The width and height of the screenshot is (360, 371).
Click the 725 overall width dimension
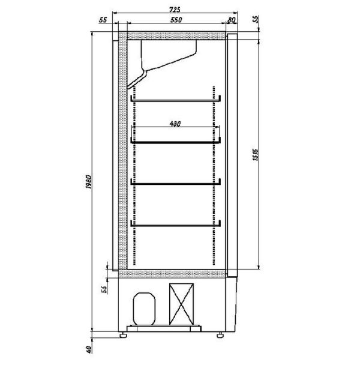[x=175, y=10]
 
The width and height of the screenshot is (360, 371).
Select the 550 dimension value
[x=176, y=20]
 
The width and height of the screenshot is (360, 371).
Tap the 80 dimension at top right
[x=231, y=20]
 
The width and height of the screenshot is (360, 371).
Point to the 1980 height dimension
[x=88, y=182]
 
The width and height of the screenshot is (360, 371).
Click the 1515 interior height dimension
[x=256, y=155]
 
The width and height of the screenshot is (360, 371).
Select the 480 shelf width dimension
[x=175, y=124]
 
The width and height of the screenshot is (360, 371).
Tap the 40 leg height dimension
[x=89, y=349]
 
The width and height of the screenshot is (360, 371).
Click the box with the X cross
[x=181, y=304]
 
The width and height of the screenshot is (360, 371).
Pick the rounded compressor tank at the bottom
[x=144, y=309]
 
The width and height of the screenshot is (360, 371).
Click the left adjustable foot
[x=123, y=335]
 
